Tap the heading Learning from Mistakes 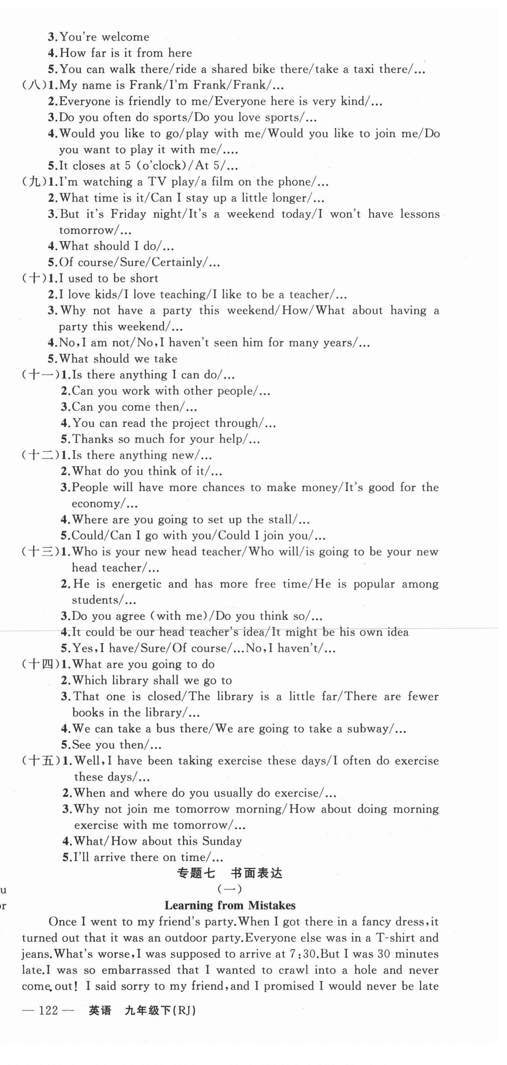[x=230, y=906]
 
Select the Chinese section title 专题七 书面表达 [x=230, y=873]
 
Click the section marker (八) [x=35, y=85]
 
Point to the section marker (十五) [x=41, y=761]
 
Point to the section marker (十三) [x=41, y=551]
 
